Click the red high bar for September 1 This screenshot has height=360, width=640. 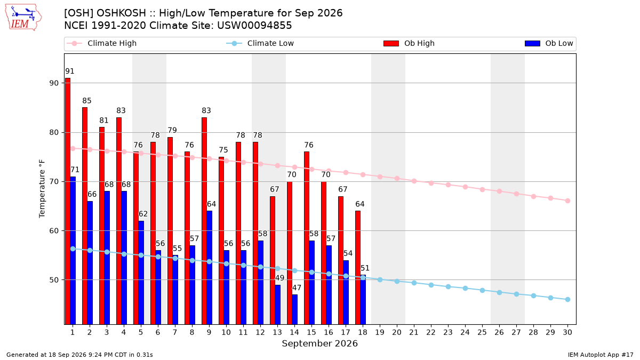point(68,201)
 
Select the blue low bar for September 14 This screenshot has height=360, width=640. point(295,309)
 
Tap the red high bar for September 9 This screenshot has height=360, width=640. point(204,221)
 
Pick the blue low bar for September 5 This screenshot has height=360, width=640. point(141,273)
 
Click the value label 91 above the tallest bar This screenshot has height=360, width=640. point(70,71)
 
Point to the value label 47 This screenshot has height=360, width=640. point(297,287)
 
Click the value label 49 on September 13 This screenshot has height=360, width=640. point(279,278)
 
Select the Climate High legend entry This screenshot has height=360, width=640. point(101,43)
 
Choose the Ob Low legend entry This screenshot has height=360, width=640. point(549,43)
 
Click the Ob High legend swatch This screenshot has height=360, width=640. point(391,43)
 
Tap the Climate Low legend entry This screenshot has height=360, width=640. point(260,43)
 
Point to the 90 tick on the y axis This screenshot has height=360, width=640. point(54,83)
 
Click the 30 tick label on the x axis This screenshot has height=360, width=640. point(567,332)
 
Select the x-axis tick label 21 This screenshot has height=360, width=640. point(414,332)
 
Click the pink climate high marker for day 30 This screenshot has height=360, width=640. point(567,201)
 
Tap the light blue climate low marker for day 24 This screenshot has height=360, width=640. point(465,289)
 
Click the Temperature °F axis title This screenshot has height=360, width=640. point(42,189)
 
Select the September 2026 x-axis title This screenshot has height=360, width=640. point(319,343)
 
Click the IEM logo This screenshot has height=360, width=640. point(23,18)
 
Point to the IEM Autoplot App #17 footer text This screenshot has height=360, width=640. point(601,355)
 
